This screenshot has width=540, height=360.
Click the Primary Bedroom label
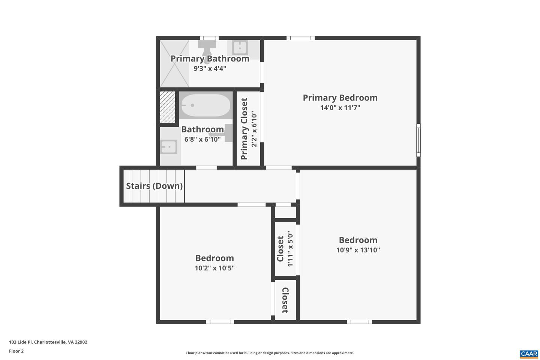tap(340, 98)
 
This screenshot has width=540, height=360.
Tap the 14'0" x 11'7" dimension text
tap(340, 108)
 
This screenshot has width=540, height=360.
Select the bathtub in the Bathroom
tap(205, 105)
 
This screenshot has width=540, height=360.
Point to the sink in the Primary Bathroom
tap(240, 48)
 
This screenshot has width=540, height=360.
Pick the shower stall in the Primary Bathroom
tap(174, 64)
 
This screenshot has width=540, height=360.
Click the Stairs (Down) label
tap(154, 186)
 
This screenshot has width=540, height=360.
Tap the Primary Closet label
tap(244, 129)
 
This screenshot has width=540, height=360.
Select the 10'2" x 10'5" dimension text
tap(214, 268)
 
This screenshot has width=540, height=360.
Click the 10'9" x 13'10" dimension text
tap(358, 250)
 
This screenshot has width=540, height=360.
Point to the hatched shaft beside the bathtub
tap(168, 107)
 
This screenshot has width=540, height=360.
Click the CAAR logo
tap(529, 354)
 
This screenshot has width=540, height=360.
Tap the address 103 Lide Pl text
tap(48, 342)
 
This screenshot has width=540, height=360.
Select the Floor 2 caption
tap(16, 351)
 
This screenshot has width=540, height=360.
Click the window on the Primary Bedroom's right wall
tap(418, 140)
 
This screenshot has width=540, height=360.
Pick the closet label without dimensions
tap(285, 300)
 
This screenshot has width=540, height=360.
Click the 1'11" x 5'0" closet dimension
tap(290, 249)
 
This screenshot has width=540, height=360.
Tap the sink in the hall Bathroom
tap(168, 147)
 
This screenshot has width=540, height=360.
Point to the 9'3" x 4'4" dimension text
tap(210, 69)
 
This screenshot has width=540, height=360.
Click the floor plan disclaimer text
tap(270, 353)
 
